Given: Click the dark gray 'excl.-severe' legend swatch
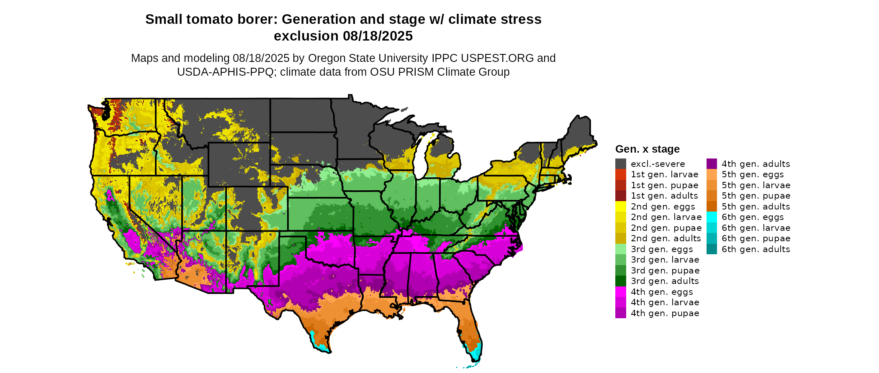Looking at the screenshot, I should [620, 164].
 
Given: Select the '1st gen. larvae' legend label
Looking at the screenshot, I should [664, 174].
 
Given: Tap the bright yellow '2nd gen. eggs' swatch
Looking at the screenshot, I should [620, 207].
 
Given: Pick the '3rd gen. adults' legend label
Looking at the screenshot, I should [665, 281].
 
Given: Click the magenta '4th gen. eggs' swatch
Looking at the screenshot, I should [620, 292].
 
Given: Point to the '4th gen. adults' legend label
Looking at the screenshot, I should [756, 164].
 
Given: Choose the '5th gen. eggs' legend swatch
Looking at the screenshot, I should [712, 174].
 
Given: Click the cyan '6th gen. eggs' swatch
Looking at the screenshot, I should [712, 217].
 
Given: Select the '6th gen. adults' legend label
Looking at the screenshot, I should [756, 249].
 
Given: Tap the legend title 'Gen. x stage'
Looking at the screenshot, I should [647, 149].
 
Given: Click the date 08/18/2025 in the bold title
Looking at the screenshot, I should [378, 36].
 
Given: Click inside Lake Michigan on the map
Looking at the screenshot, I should [420, 157].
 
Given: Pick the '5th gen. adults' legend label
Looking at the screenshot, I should [756, 207].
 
